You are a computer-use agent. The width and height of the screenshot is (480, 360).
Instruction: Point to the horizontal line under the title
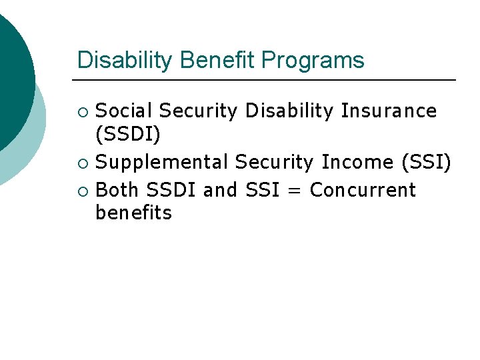point(267,80)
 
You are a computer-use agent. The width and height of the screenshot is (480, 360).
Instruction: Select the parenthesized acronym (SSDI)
point(129,135)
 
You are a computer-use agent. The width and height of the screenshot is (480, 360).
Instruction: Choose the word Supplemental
point(163,162)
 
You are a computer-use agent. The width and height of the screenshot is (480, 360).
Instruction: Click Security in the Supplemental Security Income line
point(275,162)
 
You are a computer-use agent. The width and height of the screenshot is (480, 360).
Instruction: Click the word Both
point(117,190)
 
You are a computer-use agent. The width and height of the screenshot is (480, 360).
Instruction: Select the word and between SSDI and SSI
point(220,190)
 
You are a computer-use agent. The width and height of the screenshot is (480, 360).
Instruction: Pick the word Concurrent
point(363,190)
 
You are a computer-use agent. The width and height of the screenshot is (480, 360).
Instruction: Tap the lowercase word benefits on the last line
point(134,213)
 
